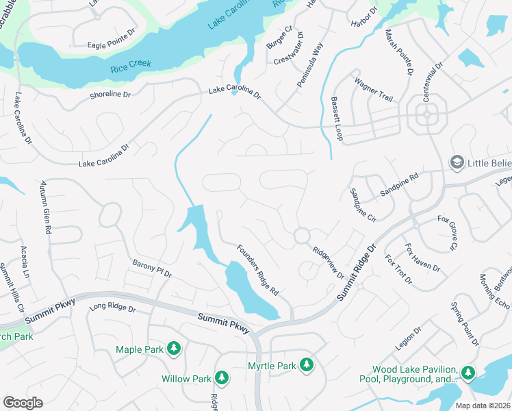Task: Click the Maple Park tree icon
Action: (x=175, y=349)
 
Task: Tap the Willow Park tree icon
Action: (x=222, y=378)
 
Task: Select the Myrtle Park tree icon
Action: (x=307, y=365)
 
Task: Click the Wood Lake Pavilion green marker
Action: (x=468, y=373)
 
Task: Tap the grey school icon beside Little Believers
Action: (x=457, y=162)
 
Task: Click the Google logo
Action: (x=23, y=403)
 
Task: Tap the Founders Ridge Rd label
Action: (x=257, y=270)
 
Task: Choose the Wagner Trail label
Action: (x=373, y=90)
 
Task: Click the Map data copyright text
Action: (x=483, y=405)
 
